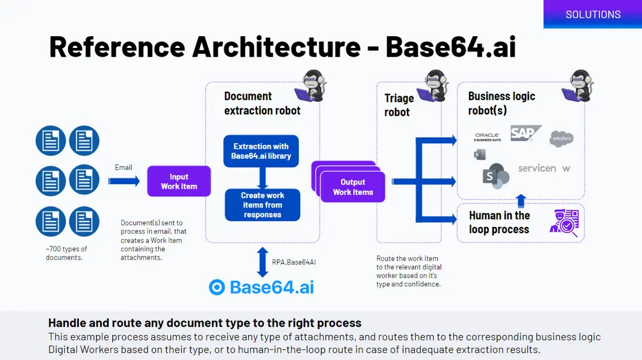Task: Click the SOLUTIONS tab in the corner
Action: point(593,15)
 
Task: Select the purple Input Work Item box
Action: point(179,181)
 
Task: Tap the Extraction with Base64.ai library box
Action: point(261,151)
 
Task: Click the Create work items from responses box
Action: point(263,205)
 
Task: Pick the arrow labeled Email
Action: point(124,181)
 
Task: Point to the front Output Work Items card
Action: point(353,186)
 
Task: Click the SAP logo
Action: point(524,133)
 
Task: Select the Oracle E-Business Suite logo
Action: point(487,137)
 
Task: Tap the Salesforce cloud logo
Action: point(561,139)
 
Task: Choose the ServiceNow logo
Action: point(544,168)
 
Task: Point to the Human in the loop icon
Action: point(564,223)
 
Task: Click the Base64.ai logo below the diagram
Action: point(261,287)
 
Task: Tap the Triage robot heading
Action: point(399,105)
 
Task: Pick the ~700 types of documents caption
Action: point(67,253)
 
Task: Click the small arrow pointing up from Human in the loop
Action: point(521,201)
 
